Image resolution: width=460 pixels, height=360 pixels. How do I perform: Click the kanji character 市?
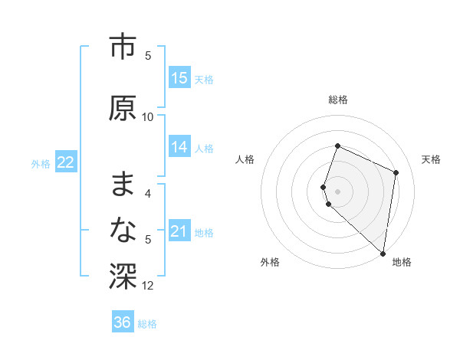(x=123, y=47)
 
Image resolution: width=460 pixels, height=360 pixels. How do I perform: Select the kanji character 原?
(x=123, y=108)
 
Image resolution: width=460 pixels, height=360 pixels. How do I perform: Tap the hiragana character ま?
(x=123, y=184)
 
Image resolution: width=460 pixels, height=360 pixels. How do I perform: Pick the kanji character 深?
(x=123, y=275)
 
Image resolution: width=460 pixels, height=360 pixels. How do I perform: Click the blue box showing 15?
(x=179, y=78)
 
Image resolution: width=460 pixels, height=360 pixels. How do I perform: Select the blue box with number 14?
(x=179, y=147)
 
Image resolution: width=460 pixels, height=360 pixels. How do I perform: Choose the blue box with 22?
(x=66, y=162)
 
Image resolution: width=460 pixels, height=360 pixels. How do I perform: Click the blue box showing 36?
(x=123, y=322)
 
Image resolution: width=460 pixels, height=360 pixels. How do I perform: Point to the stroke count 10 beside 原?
(x=148, y=116)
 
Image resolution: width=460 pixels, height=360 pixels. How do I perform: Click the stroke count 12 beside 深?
(x=148, y=286)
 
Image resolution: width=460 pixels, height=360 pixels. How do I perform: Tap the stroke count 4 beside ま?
(x=148, y=193)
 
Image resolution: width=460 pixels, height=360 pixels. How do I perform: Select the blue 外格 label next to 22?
(x=41, y=163)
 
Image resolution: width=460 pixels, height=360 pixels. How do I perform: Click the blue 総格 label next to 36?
(x=147, y=323)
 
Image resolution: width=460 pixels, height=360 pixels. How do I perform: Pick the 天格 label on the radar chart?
(x=431, y=159)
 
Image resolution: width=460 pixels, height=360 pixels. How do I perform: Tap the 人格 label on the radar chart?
(x=245, y=159)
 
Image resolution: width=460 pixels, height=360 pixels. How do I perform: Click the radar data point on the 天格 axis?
(x=396, y=172)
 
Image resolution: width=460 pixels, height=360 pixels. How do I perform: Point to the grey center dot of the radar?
(x=338, y=191)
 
